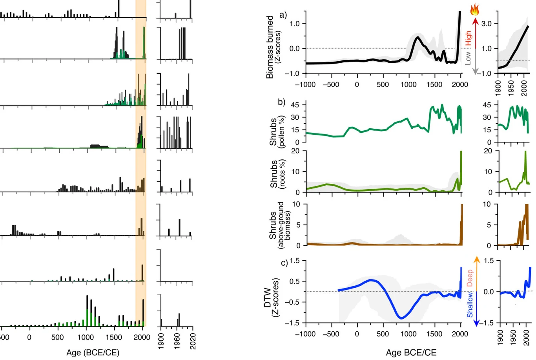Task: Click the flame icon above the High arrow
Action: [x=475, y=9]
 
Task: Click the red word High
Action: [x=469, y=38]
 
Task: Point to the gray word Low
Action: [x=468, y=58]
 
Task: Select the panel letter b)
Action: [x=282, y=102]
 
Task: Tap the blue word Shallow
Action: [x=470, y=305]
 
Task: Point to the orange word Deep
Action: [x=470, y=278]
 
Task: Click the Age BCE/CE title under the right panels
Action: [x=411, y=352]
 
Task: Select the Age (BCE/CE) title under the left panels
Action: [x=93, y=352]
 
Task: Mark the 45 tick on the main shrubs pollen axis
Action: [x=295, y=105]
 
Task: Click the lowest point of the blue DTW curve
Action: [x=401, y=318]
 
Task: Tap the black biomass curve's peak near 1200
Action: [x=417, y=37]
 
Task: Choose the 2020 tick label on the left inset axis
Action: [x=192, y=341]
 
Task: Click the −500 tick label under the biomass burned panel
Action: [x=331, y=84]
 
